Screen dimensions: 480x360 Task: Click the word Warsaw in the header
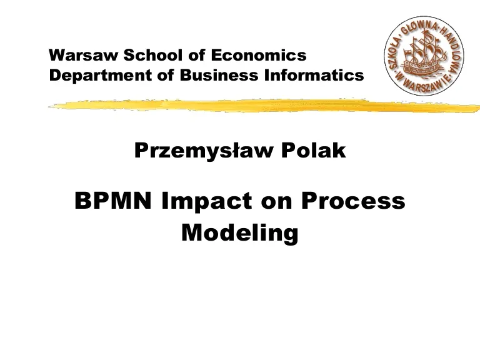83,56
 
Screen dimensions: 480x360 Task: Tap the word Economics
259,55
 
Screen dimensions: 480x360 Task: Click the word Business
219,75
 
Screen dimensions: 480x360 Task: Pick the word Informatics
314,75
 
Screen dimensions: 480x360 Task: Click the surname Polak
314,150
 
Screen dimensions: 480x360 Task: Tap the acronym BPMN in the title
113,201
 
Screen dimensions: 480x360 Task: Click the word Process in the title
353,201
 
